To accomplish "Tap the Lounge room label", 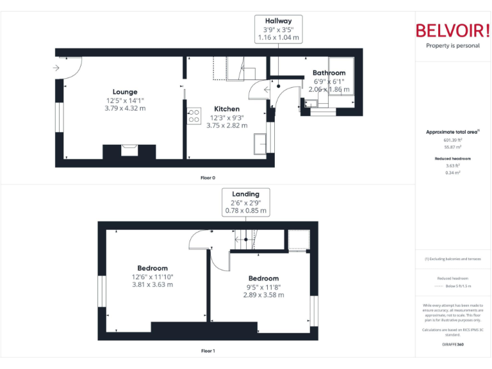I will tap(125, 92).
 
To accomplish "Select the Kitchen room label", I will tap(227, 109).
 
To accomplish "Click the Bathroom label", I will tap(329, 73).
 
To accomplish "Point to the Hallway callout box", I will tap(279, 29).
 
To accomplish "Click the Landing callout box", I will tap(246, 202).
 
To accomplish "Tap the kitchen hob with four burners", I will tap(193, 116).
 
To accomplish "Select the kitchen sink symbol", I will tap(261, 144).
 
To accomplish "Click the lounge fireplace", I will tap(129, 151).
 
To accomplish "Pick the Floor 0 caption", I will tap(208, 177).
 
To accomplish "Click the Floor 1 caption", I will tap(208, 351).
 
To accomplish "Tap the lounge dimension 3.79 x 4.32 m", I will tap(125, 108).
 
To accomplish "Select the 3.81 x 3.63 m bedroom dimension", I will tap(152, 284).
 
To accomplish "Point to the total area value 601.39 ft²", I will tap(453, 140).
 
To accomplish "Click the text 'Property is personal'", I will tap(453, 45).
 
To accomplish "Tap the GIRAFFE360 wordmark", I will tap(453, 345).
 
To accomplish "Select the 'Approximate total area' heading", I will tap(453, 132).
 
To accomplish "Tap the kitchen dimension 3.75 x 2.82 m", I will tap(227, 126).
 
